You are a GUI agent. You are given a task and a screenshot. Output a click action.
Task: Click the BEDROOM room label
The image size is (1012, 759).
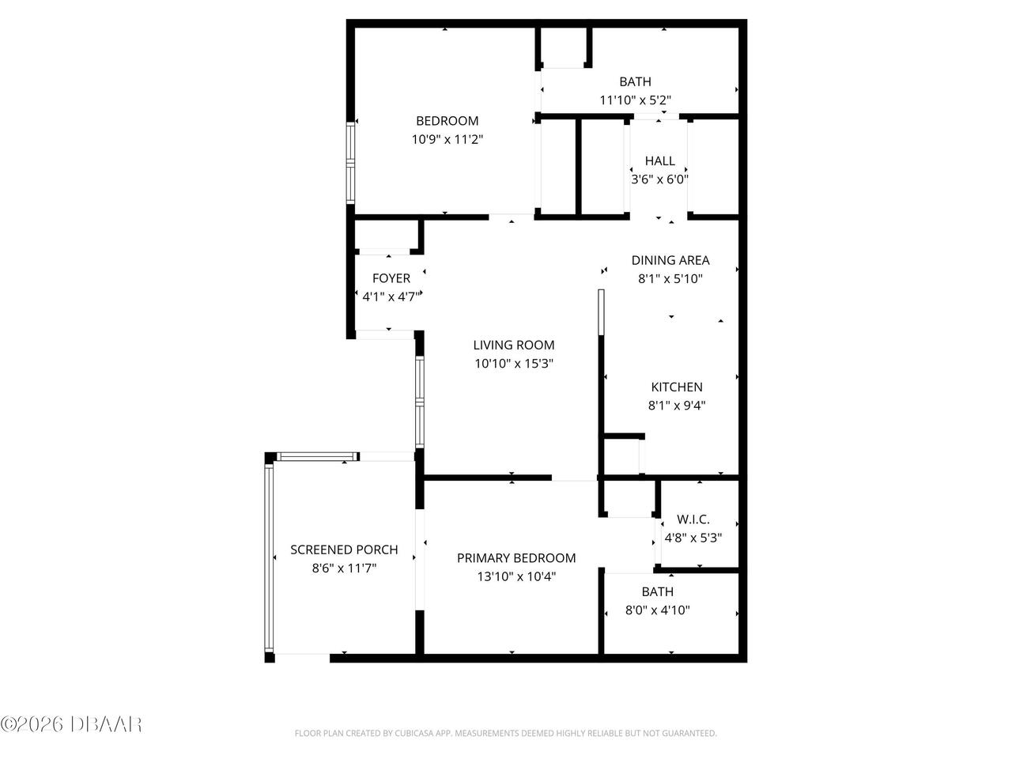[447, 121]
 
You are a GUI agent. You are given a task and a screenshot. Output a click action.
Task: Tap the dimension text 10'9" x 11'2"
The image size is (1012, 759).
[447, 139]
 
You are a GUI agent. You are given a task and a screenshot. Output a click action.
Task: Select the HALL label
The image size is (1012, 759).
[659, 161]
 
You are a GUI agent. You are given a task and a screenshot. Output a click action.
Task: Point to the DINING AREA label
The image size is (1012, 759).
[670, 260]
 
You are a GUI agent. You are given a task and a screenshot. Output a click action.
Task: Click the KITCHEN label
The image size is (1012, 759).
[676, 387]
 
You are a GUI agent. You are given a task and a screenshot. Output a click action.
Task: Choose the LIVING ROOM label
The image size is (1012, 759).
[514, 345]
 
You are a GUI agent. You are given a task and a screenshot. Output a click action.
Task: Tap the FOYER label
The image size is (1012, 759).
[391, 278]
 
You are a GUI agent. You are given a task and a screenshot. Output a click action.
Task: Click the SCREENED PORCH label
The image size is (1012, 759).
[344, 549]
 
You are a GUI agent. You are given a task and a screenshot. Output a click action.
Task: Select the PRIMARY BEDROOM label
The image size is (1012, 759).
[516, 558]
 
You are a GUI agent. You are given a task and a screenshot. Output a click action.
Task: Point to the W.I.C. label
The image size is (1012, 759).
[693, 519]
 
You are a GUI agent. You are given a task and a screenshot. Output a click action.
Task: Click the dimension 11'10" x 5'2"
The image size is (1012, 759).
[635, 100]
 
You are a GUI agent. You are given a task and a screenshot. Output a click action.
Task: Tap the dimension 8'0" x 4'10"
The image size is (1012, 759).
[658, 610]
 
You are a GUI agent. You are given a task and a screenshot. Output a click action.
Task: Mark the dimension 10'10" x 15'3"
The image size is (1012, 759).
[514, 364]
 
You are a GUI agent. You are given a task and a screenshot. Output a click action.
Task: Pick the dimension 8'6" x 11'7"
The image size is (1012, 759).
[344, 568]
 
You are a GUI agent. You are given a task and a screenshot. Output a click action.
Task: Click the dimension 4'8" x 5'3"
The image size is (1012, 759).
[693, 538]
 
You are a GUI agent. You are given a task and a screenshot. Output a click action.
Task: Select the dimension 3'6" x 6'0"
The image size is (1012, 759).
[659, 179]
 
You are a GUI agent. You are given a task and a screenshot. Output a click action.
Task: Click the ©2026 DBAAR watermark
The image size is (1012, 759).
[71, 723]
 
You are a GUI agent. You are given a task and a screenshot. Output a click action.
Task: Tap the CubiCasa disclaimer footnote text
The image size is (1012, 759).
[506, 734]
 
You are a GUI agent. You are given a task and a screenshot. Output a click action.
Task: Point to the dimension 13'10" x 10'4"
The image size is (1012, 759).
[516, 576]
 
